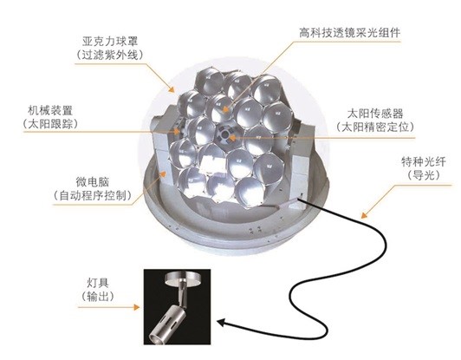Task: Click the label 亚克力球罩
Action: click(x=110, y=42)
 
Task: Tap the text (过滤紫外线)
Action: click(x=110, y=55)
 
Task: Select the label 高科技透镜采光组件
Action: click(x=349, y=32)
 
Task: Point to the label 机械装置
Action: click(x=50, y=110)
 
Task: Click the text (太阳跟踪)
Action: click(x=50, y=124)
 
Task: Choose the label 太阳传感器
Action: click(x=375, y=114)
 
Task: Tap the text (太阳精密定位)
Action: click(x=375, y=127)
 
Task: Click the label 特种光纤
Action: click(x=424, y=162)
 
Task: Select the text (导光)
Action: click(x=424, y=175)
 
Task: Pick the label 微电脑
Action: click(x=93, y=181)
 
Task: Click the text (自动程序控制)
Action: click(x=93, y=195)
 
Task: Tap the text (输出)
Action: click(x=98, y=296)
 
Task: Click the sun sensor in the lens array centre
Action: click(x=226, y=134)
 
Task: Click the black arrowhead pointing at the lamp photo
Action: click(x=222, y=323)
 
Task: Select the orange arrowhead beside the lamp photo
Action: click(x=136, y=307)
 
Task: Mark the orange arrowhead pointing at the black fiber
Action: click(x=364, y=215)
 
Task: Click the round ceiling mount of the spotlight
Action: click(x=182, y=278)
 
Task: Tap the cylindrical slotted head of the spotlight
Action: click(x=168, y=324)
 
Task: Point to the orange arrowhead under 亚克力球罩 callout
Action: click(x=171, y=88)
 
